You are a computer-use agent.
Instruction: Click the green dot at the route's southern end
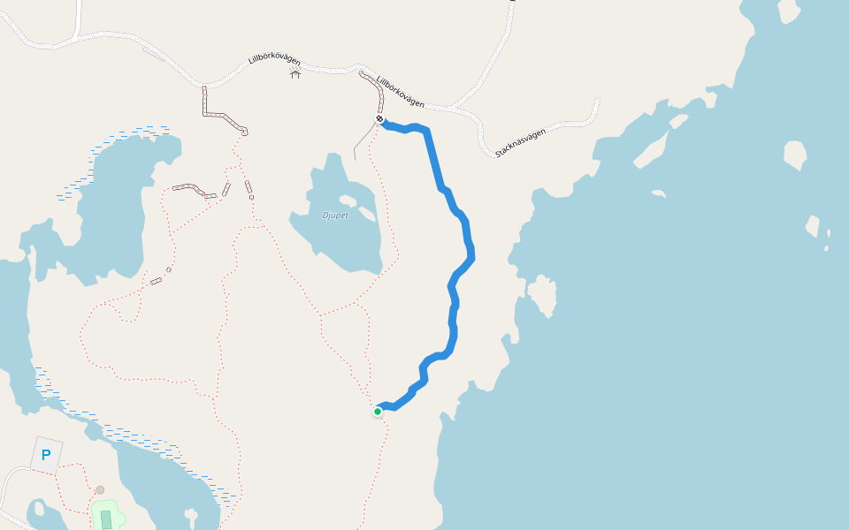378,411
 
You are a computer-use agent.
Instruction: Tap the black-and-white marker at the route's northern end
379,118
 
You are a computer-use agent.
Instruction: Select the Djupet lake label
334,216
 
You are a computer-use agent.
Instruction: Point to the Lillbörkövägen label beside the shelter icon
274,62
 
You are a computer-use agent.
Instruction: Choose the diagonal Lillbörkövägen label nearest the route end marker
401,90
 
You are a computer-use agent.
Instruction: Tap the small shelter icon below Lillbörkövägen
295,73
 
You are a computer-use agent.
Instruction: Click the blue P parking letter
46,456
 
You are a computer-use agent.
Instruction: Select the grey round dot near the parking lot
100,489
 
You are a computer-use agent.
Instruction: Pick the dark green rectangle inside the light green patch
106,519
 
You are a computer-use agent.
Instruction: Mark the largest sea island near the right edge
794,155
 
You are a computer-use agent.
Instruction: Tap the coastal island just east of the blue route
541,294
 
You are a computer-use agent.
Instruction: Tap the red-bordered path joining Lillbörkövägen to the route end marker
371,87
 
